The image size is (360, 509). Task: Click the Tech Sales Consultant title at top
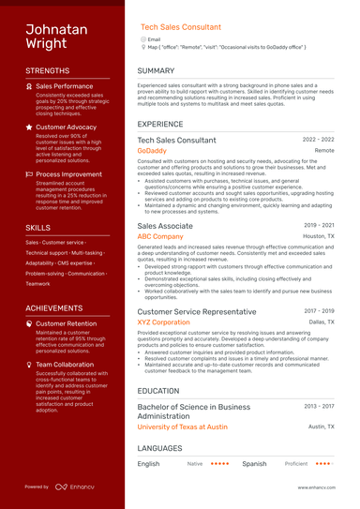[x=181, y=28]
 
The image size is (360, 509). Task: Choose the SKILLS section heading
[x=38, y=228]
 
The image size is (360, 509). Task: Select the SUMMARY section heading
[x=155, y=71]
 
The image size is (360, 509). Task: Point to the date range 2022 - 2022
[x=319, y=139]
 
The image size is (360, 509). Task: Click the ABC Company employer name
[x=160, y=237]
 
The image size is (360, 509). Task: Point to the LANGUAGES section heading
[x=161, y=449]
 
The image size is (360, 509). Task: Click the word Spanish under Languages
[x=254, y=463]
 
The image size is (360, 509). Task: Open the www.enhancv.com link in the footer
[x=317, y=487]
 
